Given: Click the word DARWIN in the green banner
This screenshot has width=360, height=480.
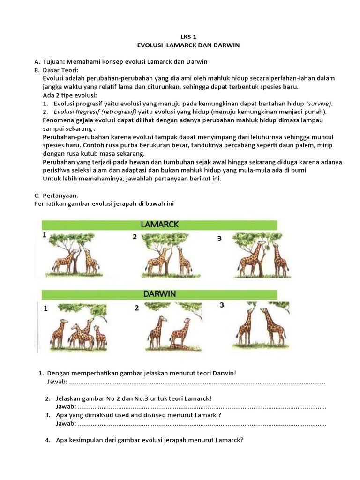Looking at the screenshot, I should click(160, 294).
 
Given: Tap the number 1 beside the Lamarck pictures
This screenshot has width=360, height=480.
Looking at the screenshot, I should click(45, 235).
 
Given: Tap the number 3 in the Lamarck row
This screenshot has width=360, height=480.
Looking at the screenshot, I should click(219, 239).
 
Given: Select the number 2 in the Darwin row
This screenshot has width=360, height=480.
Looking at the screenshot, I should click(137, 308).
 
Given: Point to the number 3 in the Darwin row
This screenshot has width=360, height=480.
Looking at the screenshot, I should click(222, 305).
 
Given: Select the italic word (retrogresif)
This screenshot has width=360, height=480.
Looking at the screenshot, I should click(116, 112).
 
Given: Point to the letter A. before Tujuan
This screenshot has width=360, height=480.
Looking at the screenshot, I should click(37, 61).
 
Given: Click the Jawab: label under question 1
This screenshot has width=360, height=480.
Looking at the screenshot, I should click(57, 382).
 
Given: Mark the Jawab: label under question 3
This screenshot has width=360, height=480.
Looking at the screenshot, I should click(66, 424).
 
